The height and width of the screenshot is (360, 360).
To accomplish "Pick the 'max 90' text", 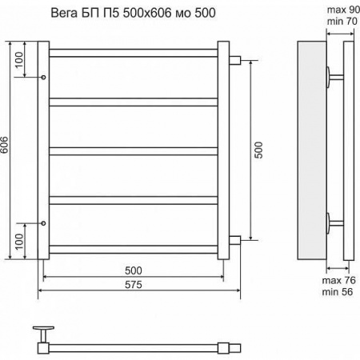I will click(x=342, y=9).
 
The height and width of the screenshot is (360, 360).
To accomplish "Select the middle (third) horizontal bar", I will click(x=134, y=150).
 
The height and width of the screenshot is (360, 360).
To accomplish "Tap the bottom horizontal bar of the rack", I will click(x=134, y=248).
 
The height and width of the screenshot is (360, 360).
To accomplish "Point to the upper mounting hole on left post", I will click(x=43, y=77).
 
